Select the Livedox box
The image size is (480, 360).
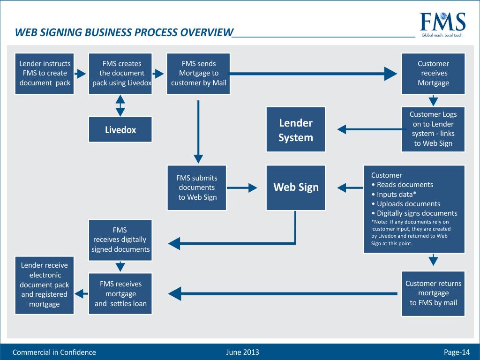[x=120, y=129]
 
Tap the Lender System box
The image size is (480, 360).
[x=295, y=130]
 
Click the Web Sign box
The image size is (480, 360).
[x=295, y=187]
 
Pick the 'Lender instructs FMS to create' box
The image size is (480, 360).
[x=45, y=74]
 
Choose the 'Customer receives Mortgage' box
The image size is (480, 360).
[x=433, y=74]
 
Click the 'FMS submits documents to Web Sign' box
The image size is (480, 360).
[x=197, y=187]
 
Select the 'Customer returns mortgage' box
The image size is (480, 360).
[x=433, y=293]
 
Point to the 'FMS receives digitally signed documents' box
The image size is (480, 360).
[x=120, y=240]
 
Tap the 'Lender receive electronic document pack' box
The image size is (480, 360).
[x=45, y=285]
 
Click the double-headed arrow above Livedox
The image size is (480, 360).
[x=120, y=105]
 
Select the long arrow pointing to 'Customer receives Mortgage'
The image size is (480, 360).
[x=314, y=73]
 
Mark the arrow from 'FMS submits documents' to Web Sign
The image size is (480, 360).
[x=245, y=187]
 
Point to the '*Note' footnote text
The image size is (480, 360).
[x=410, y=232]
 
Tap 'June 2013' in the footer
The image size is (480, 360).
[x=242, y=352]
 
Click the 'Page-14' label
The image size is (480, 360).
[x=457, y=352]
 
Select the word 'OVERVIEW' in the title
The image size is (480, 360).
[x=207, y=32]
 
